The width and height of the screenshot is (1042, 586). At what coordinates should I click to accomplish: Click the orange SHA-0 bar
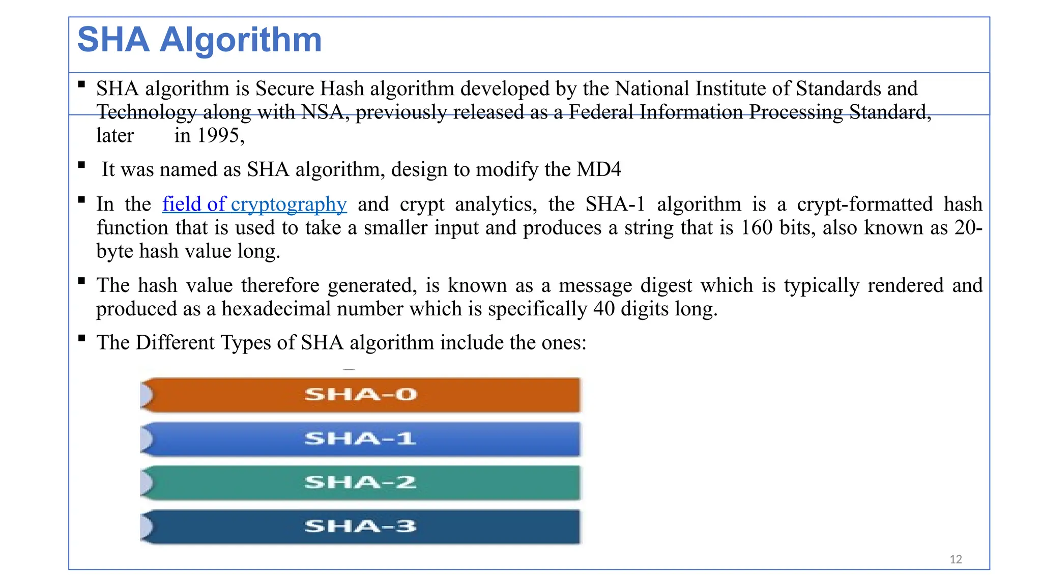click(360, 395)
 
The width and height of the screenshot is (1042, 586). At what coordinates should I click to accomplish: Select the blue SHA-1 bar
click(360, 438)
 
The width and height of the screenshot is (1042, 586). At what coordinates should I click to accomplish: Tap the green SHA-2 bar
click(360, 482)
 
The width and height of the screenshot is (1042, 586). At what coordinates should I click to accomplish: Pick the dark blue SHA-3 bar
click(360, 526)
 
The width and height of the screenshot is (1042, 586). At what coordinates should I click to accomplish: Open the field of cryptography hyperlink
click(254, 204)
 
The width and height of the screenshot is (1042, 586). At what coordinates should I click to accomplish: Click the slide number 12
click(956, 559)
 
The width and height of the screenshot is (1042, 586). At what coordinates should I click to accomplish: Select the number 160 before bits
click(757, 228)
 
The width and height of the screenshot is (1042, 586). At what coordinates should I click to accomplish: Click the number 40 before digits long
click(604, 309)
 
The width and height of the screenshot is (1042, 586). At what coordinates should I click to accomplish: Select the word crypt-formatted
click(864, 204)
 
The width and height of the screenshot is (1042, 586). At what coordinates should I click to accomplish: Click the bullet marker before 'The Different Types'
click(81, 338)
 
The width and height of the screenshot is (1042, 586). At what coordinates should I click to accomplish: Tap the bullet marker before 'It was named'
click(81, 165)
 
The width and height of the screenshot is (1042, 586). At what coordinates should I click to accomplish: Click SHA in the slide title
click(113, 40)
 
